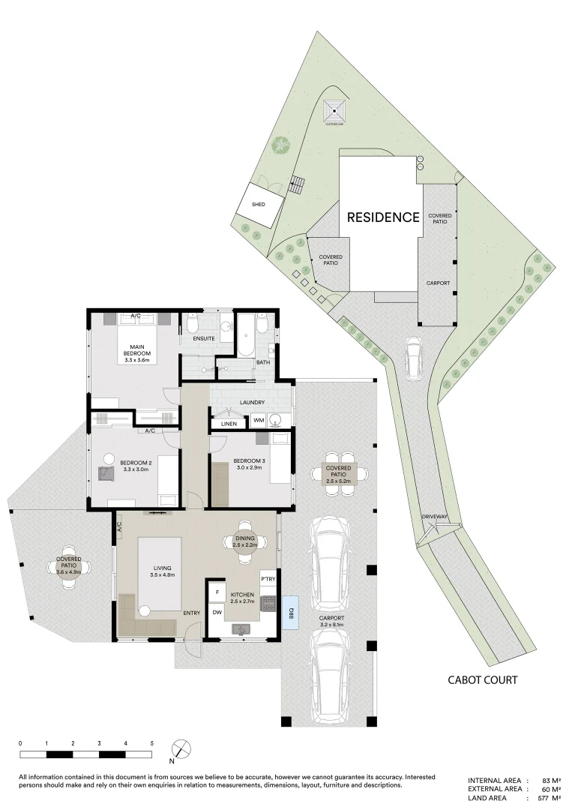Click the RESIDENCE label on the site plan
click(382, 217)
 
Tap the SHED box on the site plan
click(258, 204)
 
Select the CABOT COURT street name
click(483, 680)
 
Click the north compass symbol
click(179, 749)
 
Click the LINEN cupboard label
click(229, 424)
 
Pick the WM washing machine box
click(258, 421)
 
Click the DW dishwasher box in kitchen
click(217, 612)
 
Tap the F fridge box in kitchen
click(217, 592)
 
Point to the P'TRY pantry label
click(268, 580)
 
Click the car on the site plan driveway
click(413, 358)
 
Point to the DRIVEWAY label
click(435, 517)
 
